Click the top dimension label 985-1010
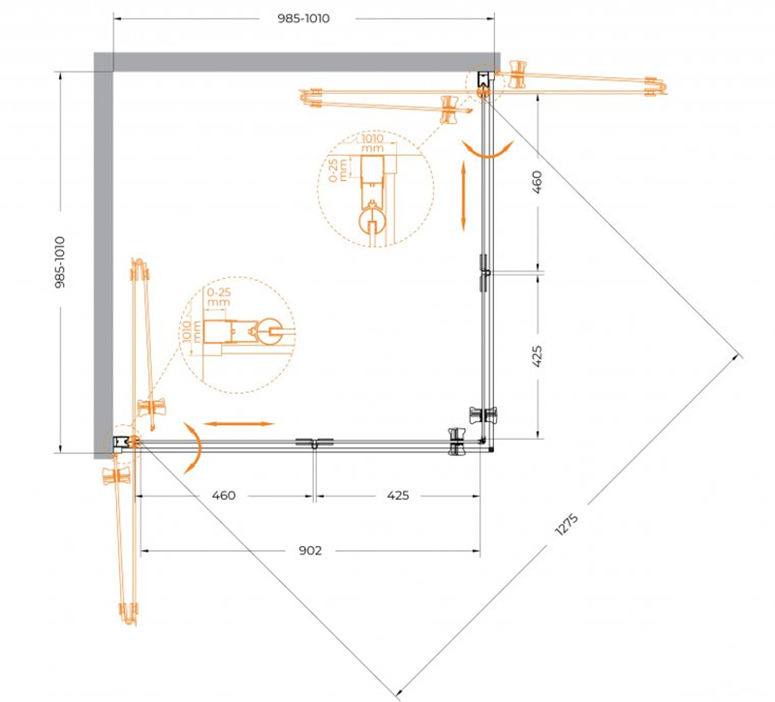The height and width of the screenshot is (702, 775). (x=303, y=18)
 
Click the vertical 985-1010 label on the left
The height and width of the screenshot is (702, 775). (x=60, y=261)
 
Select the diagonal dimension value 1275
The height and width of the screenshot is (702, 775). (x=567, y=525)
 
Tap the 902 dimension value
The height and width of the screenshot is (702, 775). (x=310, y=550)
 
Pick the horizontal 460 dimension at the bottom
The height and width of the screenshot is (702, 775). (x=224, y=495)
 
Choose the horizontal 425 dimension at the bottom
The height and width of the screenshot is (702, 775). (x=398, y=495)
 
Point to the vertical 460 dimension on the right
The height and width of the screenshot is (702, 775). (x=538, y=181)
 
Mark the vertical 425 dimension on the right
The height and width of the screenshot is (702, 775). (x=538, y=355)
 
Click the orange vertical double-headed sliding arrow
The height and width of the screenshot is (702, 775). (x=464, y=196)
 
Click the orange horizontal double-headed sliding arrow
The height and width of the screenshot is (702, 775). (x=238, y=424)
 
